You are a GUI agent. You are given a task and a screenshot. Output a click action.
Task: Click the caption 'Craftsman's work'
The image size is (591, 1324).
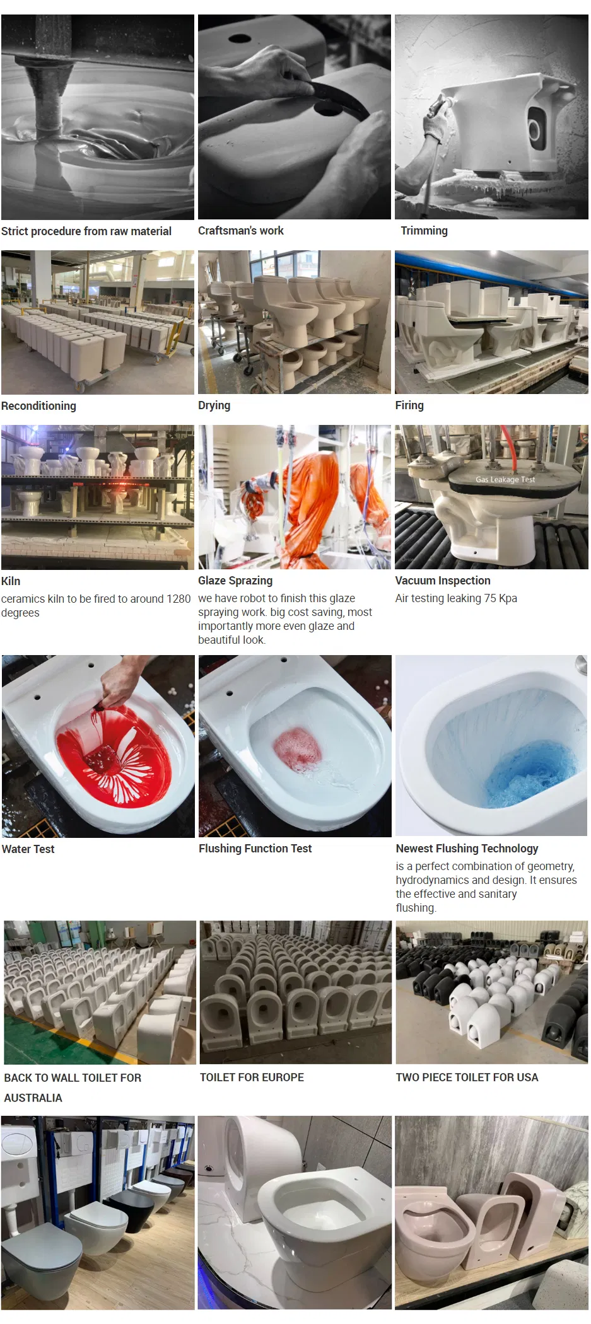click(241, 231)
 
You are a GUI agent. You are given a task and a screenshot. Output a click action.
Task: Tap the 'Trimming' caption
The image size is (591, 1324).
click(424, 231)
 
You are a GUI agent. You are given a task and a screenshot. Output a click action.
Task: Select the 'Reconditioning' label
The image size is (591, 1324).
click(38, 406)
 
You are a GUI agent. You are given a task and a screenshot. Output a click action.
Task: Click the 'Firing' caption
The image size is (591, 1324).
click(409, 405)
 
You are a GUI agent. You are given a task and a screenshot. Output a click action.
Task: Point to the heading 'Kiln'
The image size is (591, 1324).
click(11, 581)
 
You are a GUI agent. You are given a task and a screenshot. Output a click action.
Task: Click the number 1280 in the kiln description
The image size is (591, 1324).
click(178, 599)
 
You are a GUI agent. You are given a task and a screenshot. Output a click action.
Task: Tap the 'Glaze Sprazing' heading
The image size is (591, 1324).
click(235, 581)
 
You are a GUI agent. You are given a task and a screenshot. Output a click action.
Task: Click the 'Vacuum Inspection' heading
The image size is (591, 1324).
click(443, 581)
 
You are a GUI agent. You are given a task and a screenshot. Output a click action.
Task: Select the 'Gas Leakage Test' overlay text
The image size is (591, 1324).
click(505, 480)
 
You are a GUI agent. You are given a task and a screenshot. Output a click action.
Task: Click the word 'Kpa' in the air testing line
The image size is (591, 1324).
click(508, 598)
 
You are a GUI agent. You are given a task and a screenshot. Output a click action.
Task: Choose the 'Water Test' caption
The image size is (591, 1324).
click(28, 849)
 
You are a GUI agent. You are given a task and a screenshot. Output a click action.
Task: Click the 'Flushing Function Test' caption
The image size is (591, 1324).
click(255, 849)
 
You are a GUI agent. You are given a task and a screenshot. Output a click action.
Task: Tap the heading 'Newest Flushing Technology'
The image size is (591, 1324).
click(467, 849)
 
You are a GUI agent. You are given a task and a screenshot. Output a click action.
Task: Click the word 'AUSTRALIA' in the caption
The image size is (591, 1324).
click(33, 1098)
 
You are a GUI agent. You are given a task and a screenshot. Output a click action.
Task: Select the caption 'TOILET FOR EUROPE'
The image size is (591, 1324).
click(252, 1077)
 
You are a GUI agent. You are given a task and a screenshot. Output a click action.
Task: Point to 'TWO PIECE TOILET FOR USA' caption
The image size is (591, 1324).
click(467, 1077)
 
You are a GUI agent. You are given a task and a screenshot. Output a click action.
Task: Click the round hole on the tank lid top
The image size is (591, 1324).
click(240, 38)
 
